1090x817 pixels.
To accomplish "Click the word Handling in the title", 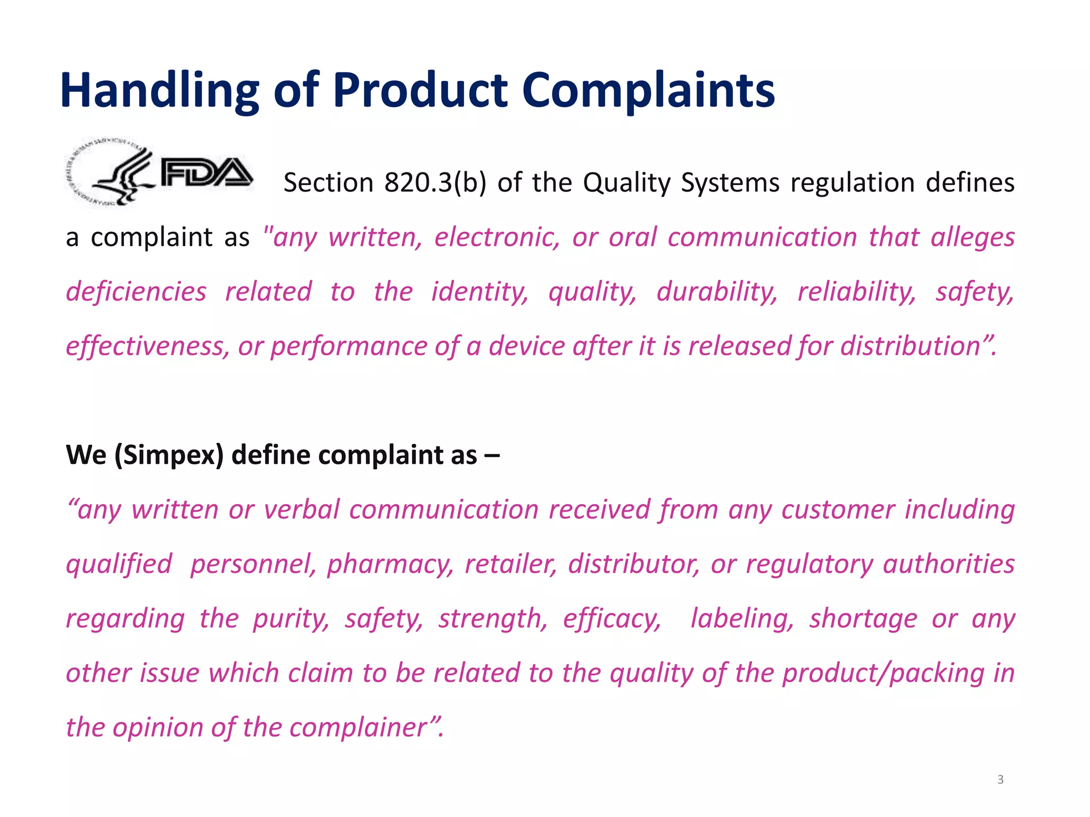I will pyautogui.click(x=159, y=90).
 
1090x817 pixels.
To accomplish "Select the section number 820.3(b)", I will pyautogui.click(x=435, y=182).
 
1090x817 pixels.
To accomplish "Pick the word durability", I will pyautogui.click(x=716, y=291).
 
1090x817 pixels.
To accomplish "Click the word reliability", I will pyautogui.click(x=856, y=291).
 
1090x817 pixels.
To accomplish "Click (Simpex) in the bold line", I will pyautogui.click(x=169, y=455).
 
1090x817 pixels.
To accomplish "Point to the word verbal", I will pyautogui.click(x=302, y=510).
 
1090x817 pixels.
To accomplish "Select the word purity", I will pyautogui.click(x=291, y=619).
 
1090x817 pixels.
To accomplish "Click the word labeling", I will pyautogui.click(x=742, y=619).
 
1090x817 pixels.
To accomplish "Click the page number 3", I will pyautogui.click(x=1000, y=780).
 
